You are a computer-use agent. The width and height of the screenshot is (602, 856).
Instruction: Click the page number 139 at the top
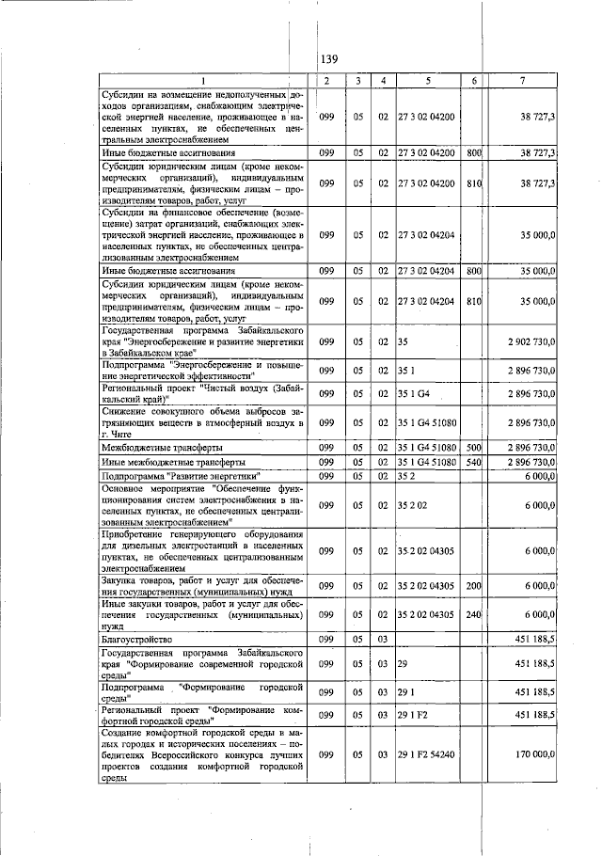328,59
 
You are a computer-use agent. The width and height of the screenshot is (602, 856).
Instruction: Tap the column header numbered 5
427,80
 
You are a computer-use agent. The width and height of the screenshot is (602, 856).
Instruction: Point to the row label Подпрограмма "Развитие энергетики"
180,477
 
